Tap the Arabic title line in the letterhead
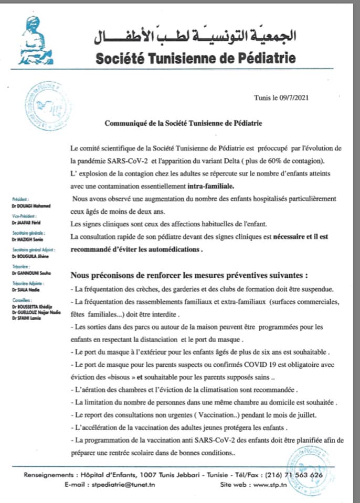[x=196, y=37]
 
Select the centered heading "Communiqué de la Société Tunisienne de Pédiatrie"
[x=183, y=124]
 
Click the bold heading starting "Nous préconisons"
[x=188, y=275]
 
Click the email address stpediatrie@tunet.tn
[x=123, y=485]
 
